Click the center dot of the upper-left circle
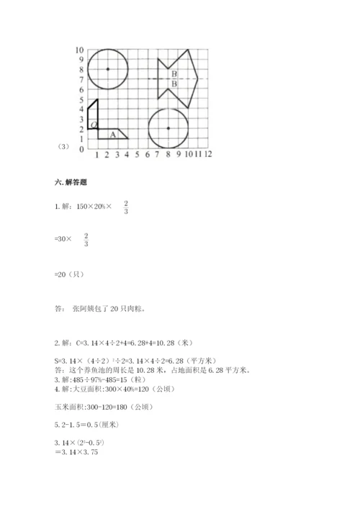[107, 69]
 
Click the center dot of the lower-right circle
[168, 128]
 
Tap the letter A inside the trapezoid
[112, 134]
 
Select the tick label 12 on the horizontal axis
[207, 155]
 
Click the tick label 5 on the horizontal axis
[137, 155]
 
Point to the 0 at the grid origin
[81, 149]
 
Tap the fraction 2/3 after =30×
[86, 240]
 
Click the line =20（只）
[72, 274]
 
